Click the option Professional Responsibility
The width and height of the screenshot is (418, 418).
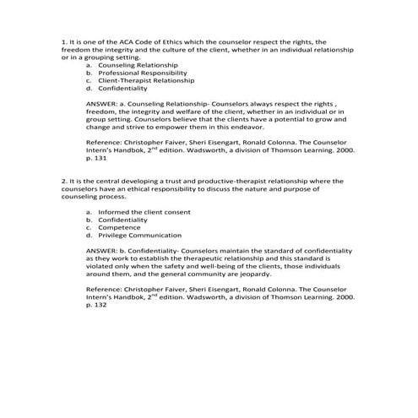click(140, 72)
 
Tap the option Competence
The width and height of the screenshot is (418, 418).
click(119, 227)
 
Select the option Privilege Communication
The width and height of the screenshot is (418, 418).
click(139, 236)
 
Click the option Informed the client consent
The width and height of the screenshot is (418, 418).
click(144, 212)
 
